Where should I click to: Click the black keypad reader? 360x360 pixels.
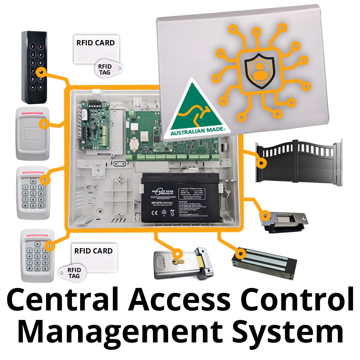[x=34, y=67]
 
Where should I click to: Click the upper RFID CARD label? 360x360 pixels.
[x=96, y=43]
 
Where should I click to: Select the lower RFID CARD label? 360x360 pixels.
[x=94, y=251]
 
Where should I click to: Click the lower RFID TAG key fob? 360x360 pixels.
[x=74, y=273]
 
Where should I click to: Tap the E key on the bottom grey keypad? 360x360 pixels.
[x=45, y=269]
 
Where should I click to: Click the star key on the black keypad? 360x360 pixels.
[x=33, y=87]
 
